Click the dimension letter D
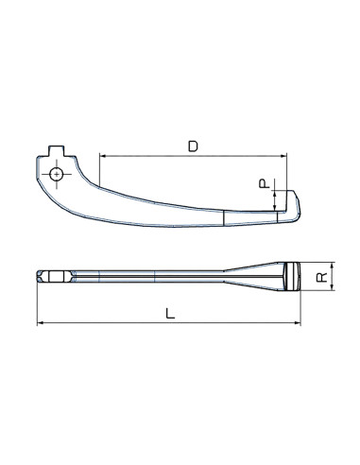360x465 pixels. (193, 146)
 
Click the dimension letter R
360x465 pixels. (321, 276)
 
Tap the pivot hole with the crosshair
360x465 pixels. (59, 175)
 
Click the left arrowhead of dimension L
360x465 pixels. (41, 323)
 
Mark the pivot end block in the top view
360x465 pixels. (51, 277)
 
